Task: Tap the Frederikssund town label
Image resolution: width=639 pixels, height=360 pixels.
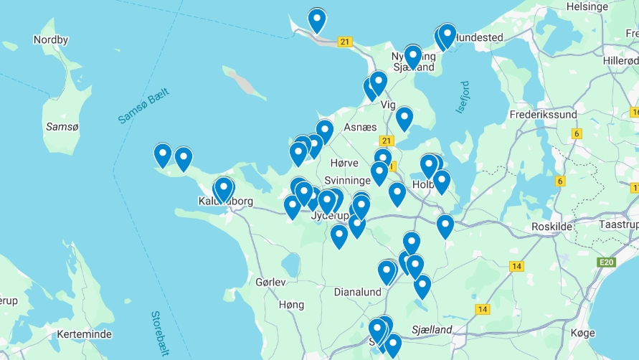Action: coord(543,114)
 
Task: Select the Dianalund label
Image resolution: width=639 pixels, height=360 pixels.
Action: coord(359,292)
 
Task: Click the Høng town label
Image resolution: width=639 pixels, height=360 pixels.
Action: coord(290,305)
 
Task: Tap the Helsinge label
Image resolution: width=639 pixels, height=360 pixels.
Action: coord(587,6)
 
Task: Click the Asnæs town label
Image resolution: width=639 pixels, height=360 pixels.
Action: coord(360,127)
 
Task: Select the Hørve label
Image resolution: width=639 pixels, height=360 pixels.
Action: coord(344,163)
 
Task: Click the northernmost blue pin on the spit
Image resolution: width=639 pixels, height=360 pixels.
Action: coord(317,19)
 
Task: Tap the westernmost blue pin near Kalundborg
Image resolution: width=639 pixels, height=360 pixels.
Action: coord(163,154)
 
